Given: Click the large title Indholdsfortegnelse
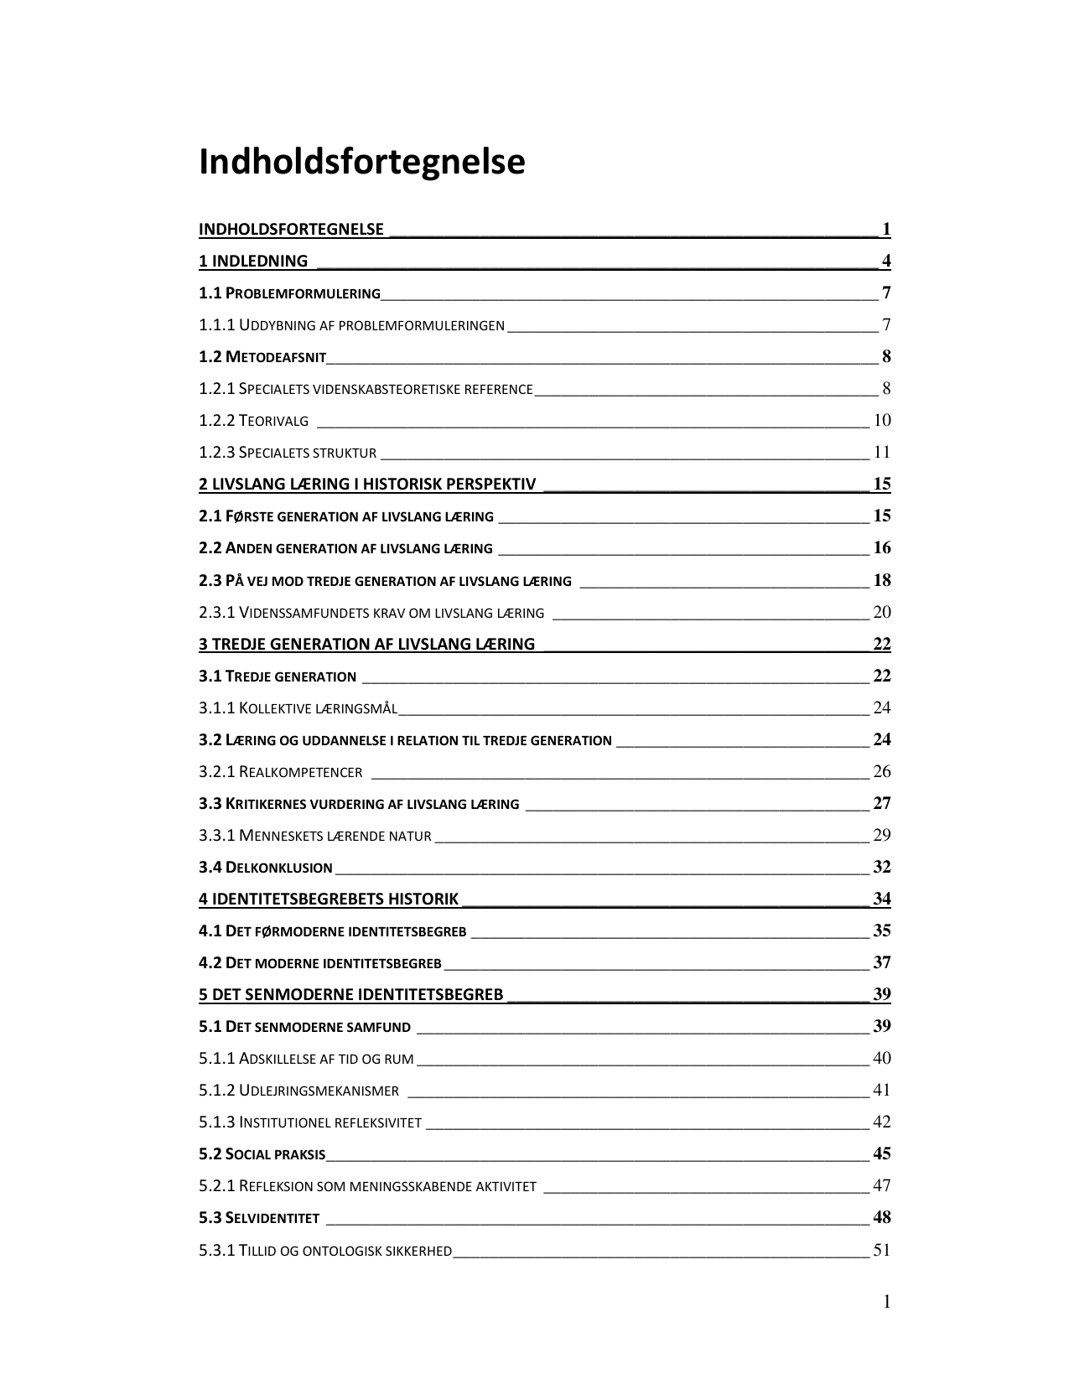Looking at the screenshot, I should (361, 162).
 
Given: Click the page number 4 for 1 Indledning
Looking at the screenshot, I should (885, 261).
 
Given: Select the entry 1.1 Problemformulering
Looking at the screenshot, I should (289, 293).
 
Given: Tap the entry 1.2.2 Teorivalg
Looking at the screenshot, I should (253, 421).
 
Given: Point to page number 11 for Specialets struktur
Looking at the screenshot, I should (881, 453).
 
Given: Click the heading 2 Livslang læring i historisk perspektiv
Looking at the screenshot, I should (367, 485).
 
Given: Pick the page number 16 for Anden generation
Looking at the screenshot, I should (881, 548).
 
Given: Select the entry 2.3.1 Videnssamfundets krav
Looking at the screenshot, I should (371, 613).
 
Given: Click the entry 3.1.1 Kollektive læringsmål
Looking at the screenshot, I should (298, 708).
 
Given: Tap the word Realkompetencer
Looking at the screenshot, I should (301, 772).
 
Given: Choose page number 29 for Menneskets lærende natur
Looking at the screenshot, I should (881, 836).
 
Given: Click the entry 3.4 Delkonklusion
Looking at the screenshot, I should (266, 868).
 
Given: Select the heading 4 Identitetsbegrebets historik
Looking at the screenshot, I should (329, 899).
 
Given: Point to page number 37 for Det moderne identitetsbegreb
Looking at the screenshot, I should (881, 963).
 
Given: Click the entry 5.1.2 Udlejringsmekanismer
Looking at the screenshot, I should (298, 1091).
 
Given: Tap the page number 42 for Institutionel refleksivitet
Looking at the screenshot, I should (881, 1122).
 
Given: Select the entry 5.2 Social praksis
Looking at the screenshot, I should (262, 1154).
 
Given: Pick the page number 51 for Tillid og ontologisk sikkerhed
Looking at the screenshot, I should (881, 1251).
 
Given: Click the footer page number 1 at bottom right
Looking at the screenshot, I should (886, 1302).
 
